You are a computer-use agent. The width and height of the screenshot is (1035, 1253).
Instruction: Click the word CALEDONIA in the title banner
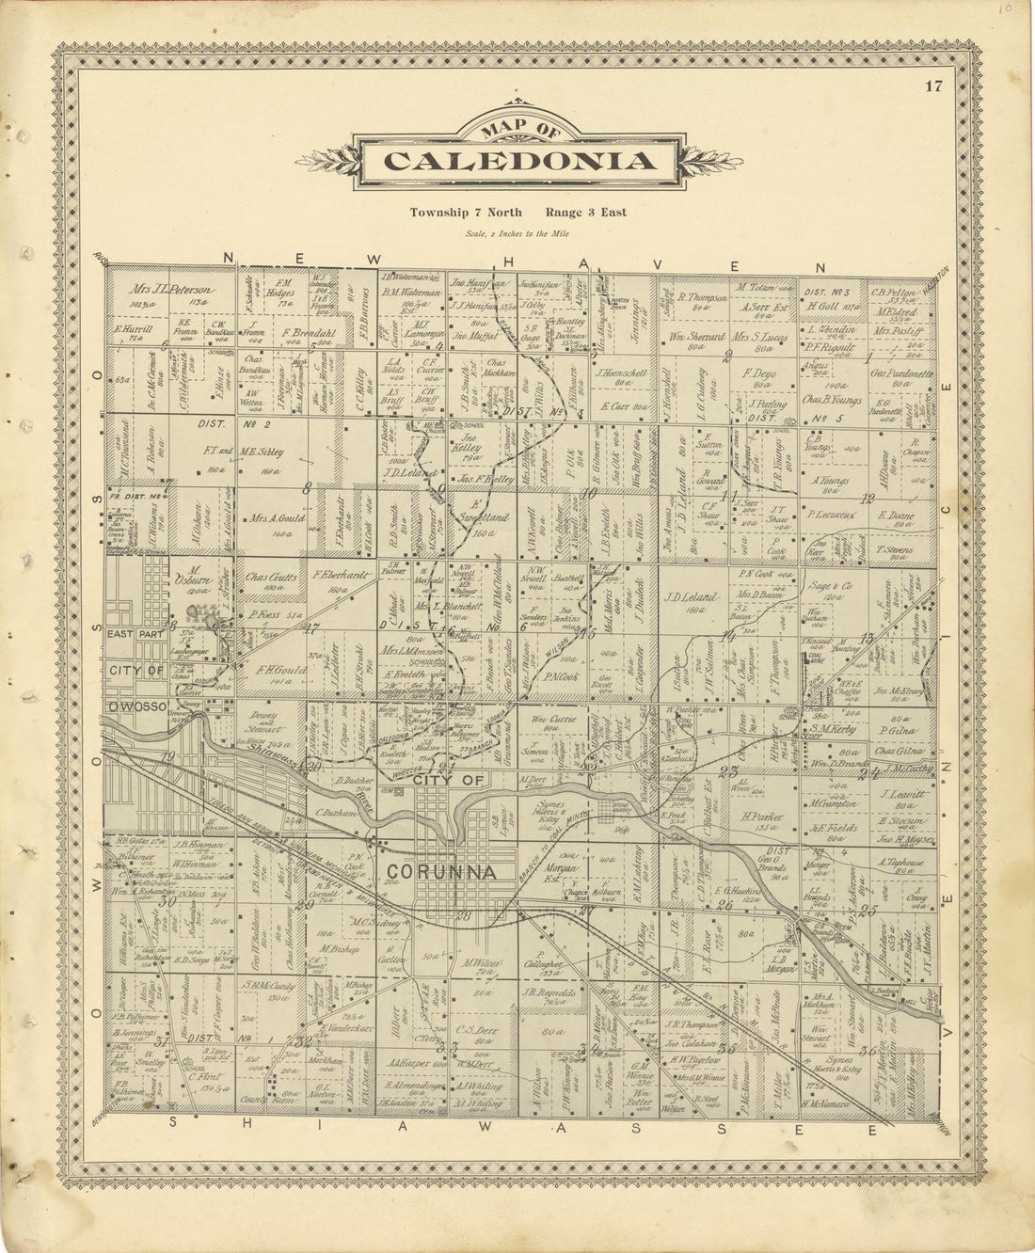[x=519, y=161]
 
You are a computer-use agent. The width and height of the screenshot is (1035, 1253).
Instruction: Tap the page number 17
[x=932, y=87]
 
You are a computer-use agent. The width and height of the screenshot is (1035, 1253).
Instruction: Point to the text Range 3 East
[x=584, y=213]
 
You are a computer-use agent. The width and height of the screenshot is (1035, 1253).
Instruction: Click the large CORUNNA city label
[x=441, y=872]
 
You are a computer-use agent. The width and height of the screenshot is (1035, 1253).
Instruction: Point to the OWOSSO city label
[x=136, y=705]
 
